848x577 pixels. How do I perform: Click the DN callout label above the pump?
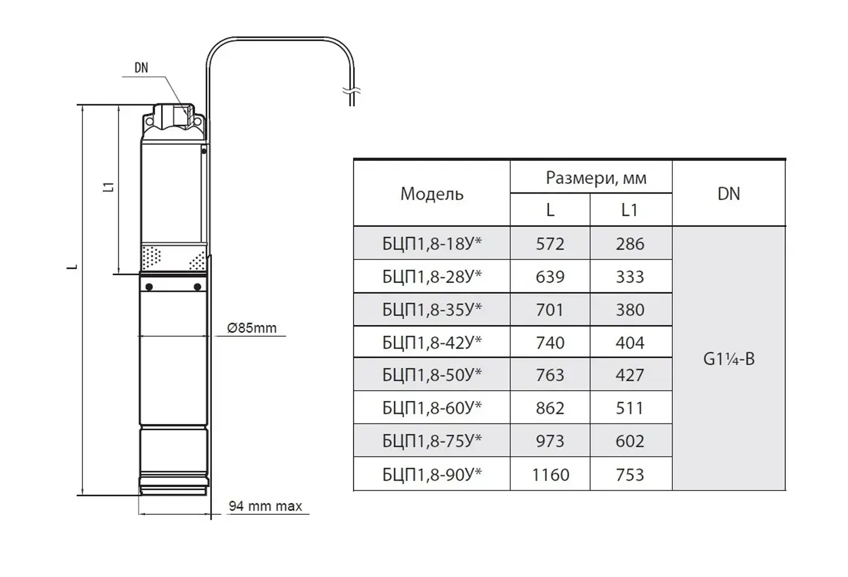tap(141, 68)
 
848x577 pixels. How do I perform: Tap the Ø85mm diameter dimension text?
tap(252, 328)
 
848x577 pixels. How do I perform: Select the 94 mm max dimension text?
tap(265, 506)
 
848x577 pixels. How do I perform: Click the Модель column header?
tap(432, 194)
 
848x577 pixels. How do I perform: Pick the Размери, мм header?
tap(596, 178)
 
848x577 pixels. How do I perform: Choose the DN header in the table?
tap(729, 194)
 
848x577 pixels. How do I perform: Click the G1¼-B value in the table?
tap(729, 359)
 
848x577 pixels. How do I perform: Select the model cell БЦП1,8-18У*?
tap(432, 243)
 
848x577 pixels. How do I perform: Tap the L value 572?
tap(550, 244)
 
